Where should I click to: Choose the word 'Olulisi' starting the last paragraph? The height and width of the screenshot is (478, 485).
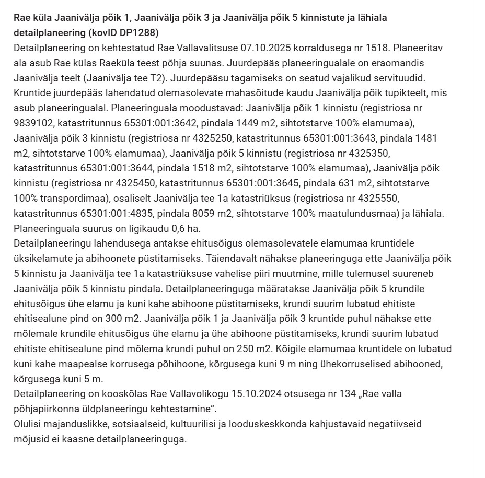tap(27, 424)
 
